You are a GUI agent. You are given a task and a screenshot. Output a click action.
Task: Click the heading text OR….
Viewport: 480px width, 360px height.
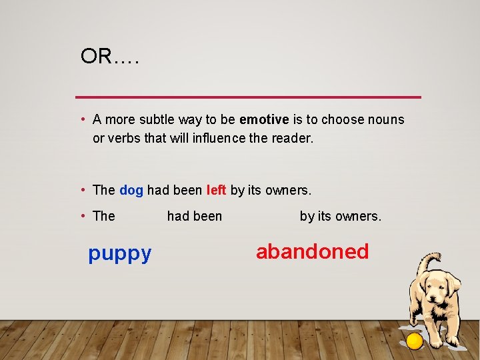pyautogui.click(x=109, y=57)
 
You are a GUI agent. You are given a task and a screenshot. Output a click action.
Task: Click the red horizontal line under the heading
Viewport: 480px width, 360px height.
pyautogui.click(x=248, y=97)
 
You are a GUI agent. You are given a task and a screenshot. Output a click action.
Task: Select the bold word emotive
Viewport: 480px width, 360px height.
pyautogui.click(x=264, y=120)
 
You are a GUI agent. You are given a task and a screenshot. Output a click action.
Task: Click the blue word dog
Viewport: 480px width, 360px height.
pyautogui.click(x=131, y=191)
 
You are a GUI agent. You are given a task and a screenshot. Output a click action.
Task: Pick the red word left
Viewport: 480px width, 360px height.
pyautogui.click(x=217, y=191)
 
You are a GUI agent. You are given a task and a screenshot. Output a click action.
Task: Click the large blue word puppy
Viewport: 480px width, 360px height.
pyautogui.click(x=120, y=253)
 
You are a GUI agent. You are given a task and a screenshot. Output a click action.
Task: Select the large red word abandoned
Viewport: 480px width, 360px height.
pyautogui.click(x=312, y=251)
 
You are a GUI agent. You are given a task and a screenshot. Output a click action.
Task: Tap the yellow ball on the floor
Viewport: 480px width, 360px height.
pyautogui.click(x=415, y=341)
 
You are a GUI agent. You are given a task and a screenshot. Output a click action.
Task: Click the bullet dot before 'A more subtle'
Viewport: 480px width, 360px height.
pyautogui.click(x=83, y=120)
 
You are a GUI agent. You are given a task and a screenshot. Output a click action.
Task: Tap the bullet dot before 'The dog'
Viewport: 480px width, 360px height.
pyautogui.click(x=83, y=191)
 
